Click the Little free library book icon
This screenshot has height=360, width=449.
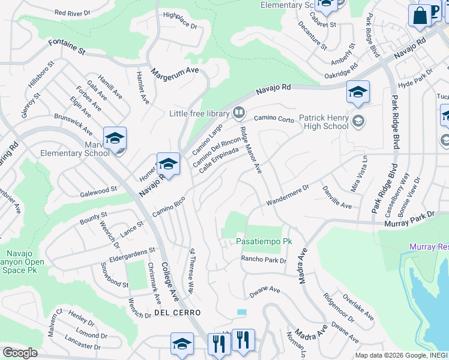238,113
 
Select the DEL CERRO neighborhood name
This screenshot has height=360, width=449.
176,313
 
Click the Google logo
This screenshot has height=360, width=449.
20,353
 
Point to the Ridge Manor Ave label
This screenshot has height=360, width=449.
251,151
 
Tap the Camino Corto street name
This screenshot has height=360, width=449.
274,119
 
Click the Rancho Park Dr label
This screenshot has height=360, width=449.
264,260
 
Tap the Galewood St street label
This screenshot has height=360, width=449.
97,191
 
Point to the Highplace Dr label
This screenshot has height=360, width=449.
179,21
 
